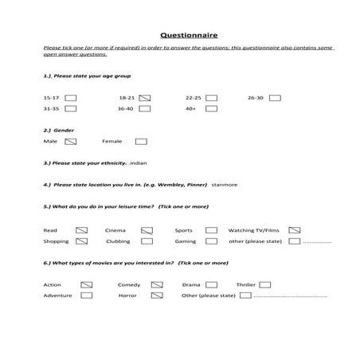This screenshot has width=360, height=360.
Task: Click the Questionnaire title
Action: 185,35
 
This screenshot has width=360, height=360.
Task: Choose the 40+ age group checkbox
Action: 211,108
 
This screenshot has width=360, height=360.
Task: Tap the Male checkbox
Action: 70,142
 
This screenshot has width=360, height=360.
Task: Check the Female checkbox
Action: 141,142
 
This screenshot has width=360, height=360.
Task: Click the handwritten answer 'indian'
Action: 138,162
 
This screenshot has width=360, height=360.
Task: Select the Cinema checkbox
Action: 147,230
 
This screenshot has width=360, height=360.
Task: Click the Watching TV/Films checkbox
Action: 294,230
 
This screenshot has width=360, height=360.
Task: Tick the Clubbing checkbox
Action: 147,241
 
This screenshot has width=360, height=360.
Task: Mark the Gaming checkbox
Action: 211,241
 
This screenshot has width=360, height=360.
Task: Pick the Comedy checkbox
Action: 157,284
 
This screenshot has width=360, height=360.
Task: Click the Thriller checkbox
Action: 264,284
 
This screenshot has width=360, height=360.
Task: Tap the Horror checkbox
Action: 157,295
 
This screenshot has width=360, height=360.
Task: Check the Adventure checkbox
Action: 86,295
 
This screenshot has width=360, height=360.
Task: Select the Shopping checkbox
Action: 84,241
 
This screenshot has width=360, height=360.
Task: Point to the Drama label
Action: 190,284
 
